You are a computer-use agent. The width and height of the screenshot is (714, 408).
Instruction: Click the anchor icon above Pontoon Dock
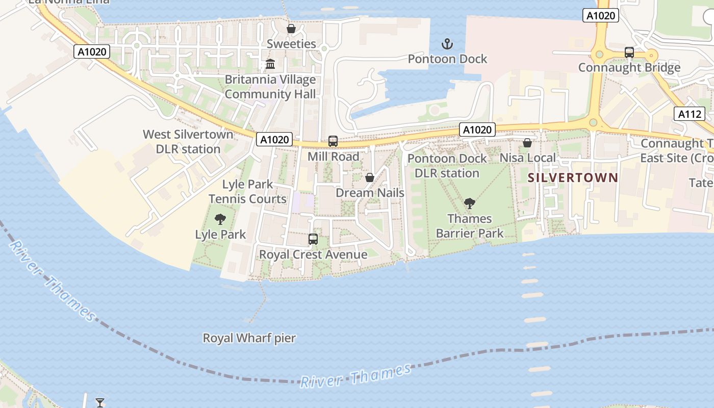(x=447, y=44)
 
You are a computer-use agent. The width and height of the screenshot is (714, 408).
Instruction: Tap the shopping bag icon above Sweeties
(x=291, y=29)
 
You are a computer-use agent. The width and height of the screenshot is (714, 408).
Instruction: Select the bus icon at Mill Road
(x=333, y=141)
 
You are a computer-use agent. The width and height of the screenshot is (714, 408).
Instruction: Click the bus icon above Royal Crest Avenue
(x=313, y=239)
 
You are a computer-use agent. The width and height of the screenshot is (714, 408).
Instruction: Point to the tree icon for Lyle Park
(x=220, y=219)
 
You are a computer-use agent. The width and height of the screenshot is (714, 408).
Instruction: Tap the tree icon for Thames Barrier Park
(x=470, y=203)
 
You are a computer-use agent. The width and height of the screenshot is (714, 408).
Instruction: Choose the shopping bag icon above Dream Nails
(x=370, y=177)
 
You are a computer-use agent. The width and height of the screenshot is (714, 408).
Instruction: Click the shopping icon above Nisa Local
(x=527, y=143)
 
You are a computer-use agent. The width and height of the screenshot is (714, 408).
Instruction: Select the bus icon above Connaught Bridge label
(x=629, y=52)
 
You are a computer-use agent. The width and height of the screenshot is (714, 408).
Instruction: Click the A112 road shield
(x=690, y=114)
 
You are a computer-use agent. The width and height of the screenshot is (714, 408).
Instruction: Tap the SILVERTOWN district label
(x=573, y=177)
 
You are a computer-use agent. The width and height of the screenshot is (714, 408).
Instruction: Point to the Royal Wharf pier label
(x=249, y=338)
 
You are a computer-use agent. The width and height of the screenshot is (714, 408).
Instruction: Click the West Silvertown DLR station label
(x=188, y=142)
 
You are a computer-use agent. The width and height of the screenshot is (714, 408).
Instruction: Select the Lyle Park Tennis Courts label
(x=248, y=191)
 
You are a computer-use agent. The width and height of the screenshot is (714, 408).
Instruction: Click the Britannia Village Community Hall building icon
(x=270, y=65)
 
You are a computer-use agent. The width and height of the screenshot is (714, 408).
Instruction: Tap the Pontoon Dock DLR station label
(x=447, y=166)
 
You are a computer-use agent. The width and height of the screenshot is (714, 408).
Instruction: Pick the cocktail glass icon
(x=100, y=402)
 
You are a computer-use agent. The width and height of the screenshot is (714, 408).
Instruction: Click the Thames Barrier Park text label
(x=470, y=226)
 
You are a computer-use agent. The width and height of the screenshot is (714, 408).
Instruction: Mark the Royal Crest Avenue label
(x=313, y=254)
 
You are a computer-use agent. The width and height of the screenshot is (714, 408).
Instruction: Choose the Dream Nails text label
(x=370, y=193)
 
